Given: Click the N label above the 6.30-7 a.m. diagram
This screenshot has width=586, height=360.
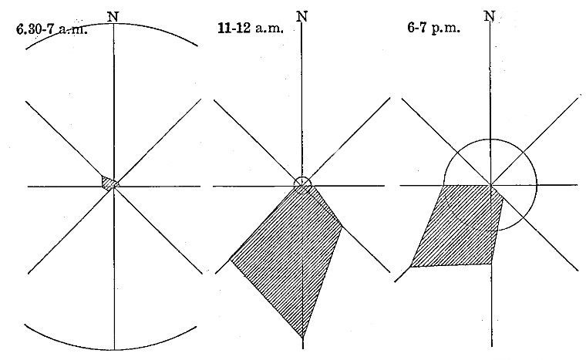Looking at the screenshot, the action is point(113,17).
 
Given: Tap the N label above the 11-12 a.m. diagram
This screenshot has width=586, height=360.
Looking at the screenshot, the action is point(302,17).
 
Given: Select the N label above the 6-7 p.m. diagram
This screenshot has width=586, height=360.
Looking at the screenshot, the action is point(490,16).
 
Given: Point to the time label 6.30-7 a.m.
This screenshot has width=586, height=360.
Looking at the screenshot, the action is point(52,29).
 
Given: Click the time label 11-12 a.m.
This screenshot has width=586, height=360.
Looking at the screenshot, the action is point(251,29).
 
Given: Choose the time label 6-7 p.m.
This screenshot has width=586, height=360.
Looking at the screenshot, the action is point(433,29).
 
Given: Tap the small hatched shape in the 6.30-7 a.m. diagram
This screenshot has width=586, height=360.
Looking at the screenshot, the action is point(109,183).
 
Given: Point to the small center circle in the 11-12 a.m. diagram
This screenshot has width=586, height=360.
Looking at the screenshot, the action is point(302,185).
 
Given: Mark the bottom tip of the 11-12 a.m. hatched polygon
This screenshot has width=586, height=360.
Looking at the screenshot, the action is point(303,338).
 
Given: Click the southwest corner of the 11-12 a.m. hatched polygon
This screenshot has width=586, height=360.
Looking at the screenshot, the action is point(230,260).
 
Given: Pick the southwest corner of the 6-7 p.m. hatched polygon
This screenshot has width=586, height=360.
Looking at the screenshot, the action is point(410,267).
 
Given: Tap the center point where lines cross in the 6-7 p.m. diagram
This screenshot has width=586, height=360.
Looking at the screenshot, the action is point(490,185).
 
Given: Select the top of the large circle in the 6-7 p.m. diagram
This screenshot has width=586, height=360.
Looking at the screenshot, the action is point(490,140).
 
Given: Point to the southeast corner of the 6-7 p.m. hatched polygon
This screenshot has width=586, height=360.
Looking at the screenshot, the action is point(491,264).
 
